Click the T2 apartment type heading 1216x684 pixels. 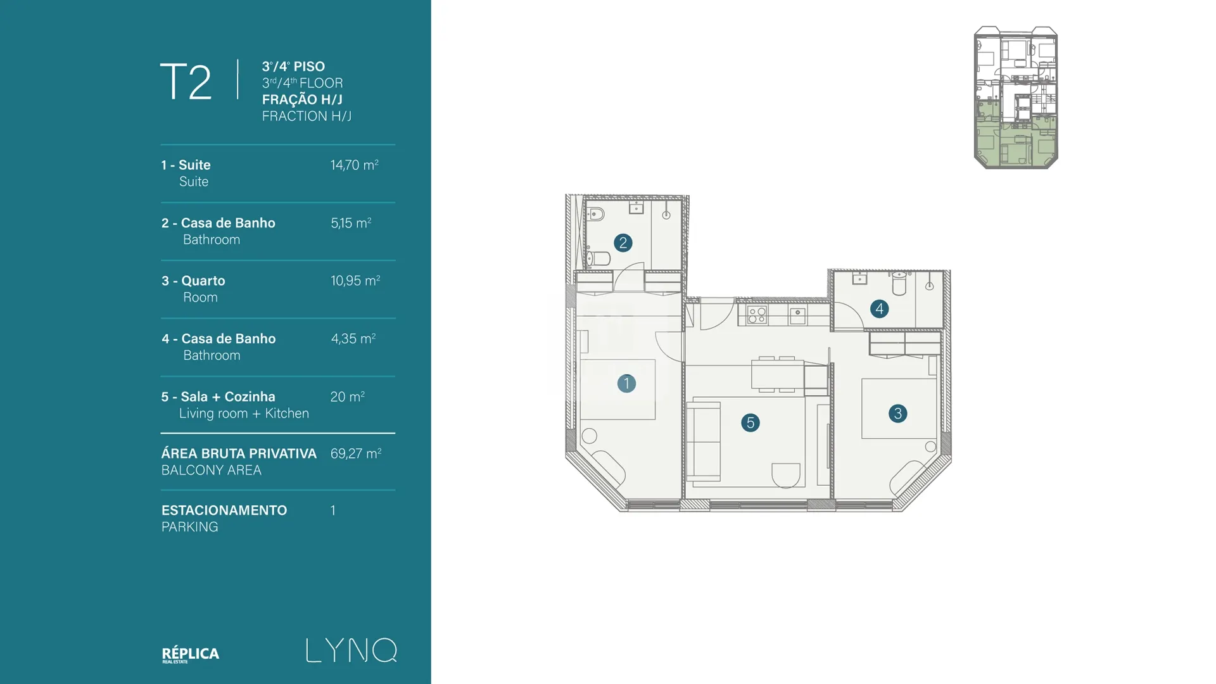click(186, 82)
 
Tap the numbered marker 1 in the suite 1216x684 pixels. click(626, 383)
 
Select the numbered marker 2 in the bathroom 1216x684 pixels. click(623, 243)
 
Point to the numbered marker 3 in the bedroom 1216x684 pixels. click(897, 414)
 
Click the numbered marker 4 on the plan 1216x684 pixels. click(879, 309)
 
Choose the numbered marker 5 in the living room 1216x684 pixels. click(750, 422)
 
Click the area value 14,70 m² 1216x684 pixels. click(354, 165)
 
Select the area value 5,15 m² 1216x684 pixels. click(351, 223)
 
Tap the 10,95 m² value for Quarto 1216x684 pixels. click(355, 281)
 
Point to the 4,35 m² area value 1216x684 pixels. click(353, 339)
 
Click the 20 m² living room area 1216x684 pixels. click(347, 397)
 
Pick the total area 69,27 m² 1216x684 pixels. click(355, 453)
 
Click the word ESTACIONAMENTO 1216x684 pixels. click(224, 510)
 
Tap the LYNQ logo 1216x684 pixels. click(351, 650)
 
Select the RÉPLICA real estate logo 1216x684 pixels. click(191, 654)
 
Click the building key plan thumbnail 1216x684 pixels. click(1016, 98)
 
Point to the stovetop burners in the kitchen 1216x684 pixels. click(757, 315)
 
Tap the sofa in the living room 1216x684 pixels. click(704, 441)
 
